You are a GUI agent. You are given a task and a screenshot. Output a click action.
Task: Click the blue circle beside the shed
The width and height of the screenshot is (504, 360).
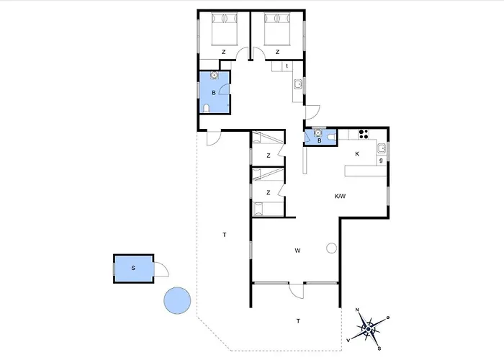tap(177, 300)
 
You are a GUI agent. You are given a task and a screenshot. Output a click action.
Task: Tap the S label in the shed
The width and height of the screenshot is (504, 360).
tap(133, 268)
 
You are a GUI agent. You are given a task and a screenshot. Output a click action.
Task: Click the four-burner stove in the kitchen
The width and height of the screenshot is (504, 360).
tap(364, 134)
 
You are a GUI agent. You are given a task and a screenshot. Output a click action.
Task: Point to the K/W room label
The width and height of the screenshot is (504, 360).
tap(340, 196)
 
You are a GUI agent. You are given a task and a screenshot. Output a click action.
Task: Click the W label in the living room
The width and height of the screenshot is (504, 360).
tap(297, 251)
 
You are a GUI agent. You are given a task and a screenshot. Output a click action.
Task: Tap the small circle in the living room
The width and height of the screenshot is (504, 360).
tap(331, 248)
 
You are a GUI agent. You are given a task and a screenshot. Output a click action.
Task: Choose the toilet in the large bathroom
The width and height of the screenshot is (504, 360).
tap(207, 108)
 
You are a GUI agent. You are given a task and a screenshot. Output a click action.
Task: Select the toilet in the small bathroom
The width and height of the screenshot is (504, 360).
tap(331, 138)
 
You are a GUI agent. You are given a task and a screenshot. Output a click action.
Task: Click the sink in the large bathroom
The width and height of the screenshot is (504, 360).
tap(214, 75)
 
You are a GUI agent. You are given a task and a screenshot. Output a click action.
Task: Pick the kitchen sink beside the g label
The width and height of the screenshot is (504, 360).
tap(382, 148)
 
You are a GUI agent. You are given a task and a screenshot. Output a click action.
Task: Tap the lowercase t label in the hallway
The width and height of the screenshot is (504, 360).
tap(287, 66)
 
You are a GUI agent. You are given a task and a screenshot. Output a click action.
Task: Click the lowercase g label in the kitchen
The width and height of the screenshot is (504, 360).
tap(381, 160)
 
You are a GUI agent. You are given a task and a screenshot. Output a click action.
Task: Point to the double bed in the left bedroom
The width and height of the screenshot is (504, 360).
tap(225, 29)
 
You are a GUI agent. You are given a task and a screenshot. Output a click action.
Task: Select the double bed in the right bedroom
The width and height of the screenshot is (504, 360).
tap(277, 29)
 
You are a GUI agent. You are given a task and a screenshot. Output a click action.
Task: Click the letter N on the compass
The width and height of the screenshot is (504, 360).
tap(357, 310)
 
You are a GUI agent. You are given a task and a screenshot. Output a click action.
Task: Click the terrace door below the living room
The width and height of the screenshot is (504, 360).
tap(297, 290)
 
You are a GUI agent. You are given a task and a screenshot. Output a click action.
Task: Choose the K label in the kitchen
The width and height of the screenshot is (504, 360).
tap(357, 154)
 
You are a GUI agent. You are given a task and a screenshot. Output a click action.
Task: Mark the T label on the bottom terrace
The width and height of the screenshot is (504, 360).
tap(298, 321)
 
